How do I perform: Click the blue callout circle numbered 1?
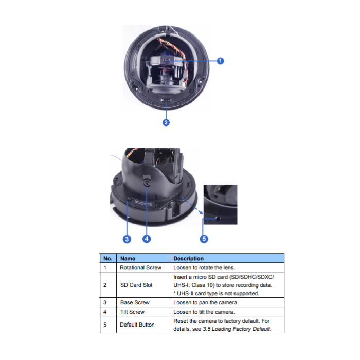click(x=220, y=61)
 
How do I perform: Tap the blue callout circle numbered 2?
click(x=166, y=122)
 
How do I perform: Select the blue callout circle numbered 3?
click(x=127, y=239)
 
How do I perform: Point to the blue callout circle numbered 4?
click(x=147, y=239)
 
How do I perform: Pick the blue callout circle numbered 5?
click(x=204, y=239)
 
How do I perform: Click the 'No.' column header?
click(x=107, y=258)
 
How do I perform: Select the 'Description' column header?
click(x=189, y=258)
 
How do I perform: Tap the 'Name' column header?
click(x=128, y=258)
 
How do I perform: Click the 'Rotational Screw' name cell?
click(x=140, y=268)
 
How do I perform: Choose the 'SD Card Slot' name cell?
click(x=136, y=285)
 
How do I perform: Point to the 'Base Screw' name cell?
click(x=135, y=302)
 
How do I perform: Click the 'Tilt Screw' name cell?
click(x=132, y=312)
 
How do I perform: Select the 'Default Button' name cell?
click(x=137, y=325)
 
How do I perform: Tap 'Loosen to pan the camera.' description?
click(x=206, y=302)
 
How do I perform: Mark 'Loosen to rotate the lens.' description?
click(x=204, y=268)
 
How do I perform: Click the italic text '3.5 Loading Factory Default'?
click(x=236, y=329)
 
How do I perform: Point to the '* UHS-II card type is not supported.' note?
click(x=217, y=294)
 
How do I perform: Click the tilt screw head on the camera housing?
click(x=147, y=183)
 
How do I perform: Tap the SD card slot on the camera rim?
click(x=166, y=100)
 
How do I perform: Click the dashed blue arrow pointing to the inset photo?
click(x=192, y=205)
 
